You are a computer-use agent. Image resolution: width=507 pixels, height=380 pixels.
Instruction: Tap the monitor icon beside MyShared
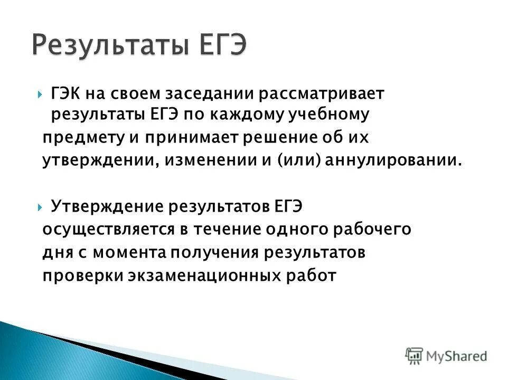coord(415,355)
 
